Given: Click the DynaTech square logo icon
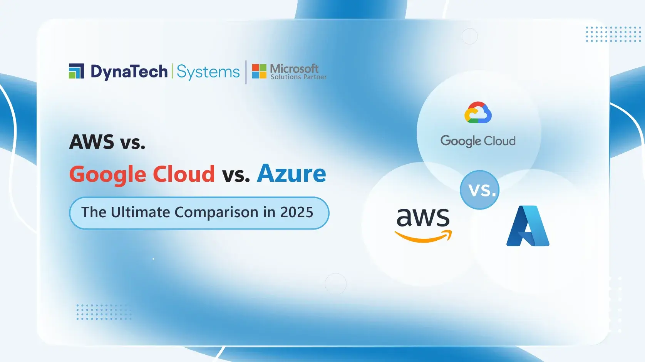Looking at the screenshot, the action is pyautogui.click(x=76, y=71).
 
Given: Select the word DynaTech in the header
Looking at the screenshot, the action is pyautogui.click(x=129, y=72).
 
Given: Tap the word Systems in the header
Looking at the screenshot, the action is pyautogui.click(x=208, y=72).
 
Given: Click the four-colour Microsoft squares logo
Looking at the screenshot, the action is pyautogui.click(x=259, y=71).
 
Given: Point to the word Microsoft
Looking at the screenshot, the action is pyautogui.click(x=294, y=69).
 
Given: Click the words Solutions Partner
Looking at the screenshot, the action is pyautogui.click(x=298, y=77).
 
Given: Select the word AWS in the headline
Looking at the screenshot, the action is pyautogui.click(x=92, y=142).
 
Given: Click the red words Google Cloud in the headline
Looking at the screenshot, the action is pyautogui.click(x=142, y=174).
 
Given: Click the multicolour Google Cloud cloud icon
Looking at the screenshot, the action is pyautogui.click(x=478, y=112).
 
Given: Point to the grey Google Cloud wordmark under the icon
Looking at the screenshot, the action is pyautogui.click(x=478, y=141).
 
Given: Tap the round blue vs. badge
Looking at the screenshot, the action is pyautogui.click(x=479, y=190).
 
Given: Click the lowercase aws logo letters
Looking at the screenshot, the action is pyautogui.click(x=423, y=218).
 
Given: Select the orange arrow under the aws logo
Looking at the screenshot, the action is pyautogui.click(x=423, y=237).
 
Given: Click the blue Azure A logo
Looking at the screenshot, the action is pyautogui.click(x=528, y=226).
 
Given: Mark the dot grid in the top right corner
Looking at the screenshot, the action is pyautogui.click(x=613, y=34).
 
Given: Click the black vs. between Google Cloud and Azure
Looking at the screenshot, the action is pyautogui.click(x=236, y=175).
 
